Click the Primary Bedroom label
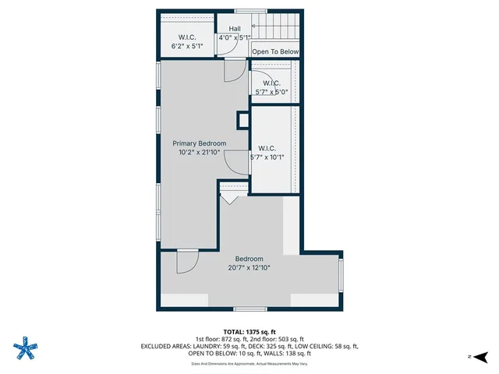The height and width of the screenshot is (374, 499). coord(200,143)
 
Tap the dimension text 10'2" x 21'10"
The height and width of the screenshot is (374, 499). coord(200,153)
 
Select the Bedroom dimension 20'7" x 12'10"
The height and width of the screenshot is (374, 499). coord(249,268)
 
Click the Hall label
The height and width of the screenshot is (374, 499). coord(234,28)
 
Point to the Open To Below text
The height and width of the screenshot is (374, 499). coord(276,52)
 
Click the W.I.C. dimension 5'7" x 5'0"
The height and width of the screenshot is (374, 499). coord(271,92)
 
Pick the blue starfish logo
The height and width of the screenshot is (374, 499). coord(26,347)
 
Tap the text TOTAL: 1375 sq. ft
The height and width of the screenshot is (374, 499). coord(249,330)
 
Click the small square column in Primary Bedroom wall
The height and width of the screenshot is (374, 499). coord(242,119)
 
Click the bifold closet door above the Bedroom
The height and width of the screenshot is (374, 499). coord(229,196)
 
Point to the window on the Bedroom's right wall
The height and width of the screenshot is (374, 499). coord(341,277)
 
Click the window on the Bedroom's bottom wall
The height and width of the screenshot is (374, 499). coord(246,309)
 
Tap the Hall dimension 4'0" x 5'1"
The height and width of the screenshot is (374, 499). coord(234,37)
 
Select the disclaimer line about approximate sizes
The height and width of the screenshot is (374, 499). coord(249,363)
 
